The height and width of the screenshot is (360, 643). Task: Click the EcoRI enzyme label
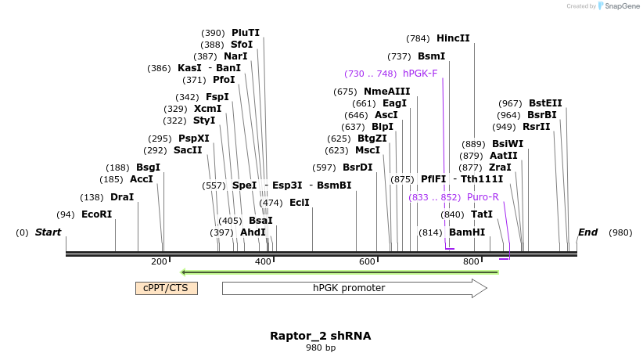[x=96, y=214]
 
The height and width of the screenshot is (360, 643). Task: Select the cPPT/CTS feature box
[x=166, y=288]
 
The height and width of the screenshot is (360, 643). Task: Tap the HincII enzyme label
[x=453, y=38]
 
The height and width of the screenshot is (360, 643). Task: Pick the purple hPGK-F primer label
[x=420, y=74]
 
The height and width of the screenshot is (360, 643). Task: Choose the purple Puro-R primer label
[x=483, y=197]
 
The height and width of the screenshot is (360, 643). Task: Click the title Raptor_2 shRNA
[x=321, y=336]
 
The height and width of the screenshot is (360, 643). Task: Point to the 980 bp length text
[x=321, y=347]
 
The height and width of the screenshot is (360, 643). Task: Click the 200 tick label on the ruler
[x=159, y=261]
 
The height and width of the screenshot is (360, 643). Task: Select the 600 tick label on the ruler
[x=367, y=261]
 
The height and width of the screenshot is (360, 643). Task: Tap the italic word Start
[x=48, y=232]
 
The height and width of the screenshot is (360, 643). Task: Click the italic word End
[x=587, y=232]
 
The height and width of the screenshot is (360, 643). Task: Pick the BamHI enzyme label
[x=467, y=232]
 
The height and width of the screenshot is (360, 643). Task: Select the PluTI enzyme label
[x=246, y=33]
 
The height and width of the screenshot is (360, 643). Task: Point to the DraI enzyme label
[x=122, y=197]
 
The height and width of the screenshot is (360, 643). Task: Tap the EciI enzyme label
[x=300, y=203]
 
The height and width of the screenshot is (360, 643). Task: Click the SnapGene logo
[x=618, y=6]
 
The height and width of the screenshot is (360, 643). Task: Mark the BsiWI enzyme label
[x=508, y=144]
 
